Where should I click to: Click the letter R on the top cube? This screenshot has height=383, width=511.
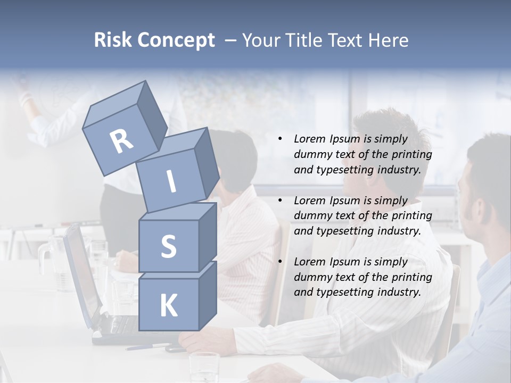tap(121, 141)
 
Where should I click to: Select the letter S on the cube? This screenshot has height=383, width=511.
tap(168, 247)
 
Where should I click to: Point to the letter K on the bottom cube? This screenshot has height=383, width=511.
tap(168, 306)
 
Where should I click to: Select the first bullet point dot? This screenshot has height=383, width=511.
tap(280, 139)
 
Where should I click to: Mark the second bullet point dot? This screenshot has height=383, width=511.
tap(280, 201)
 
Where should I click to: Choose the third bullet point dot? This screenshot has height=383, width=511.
tap(280, 262)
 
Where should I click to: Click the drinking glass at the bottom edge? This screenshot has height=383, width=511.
tap(204, 367)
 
